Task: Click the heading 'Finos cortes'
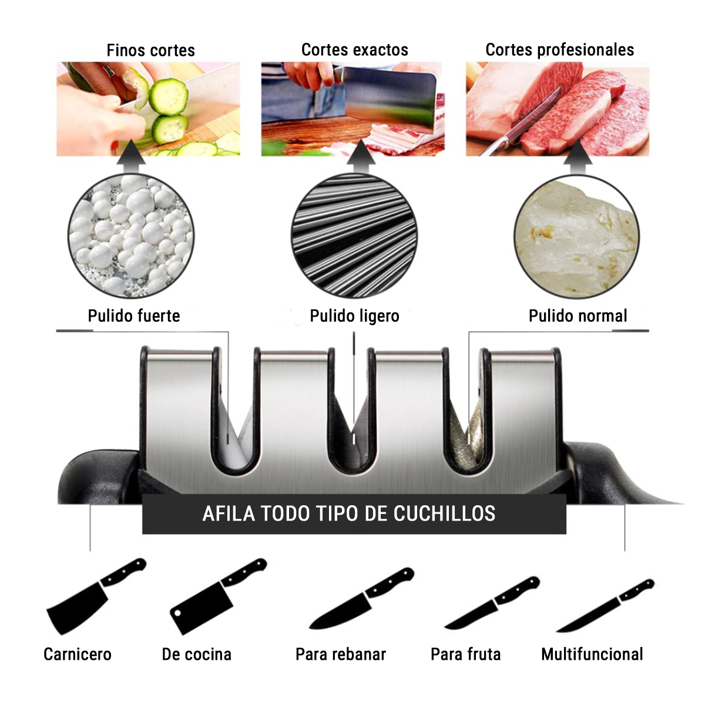pyautogui.click(x=151, y=51)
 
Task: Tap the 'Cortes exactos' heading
pyautogui.click(x=354, y=50)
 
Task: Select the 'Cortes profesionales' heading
pyautogui.click(x=559, y=50)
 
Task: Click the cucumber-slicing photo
pyautogui.click(x=148, y=109)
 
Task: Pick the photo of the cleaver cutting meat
pyautogui.click(x=352, y=109)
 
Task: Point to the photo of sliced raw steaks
pyautogui.click(x=557, y=109)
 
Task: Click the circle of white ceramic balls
pyautogui.click(x=131, y=236)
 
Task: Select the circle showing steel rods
pyautogui.click(x=354, y=236)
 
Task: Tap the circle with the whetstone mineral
pyautogui.click(x=576, y=237)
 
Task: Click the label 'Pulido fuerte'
pyautogui.click(x=134, y=315)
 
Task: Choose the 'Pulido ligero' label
pyautogui.click(x=354, y=316)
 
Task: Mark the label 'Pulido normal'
pyautogui.click(x=578, y=315)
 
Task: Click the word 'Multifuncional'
pyautogui.click(x=592, y=654)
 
